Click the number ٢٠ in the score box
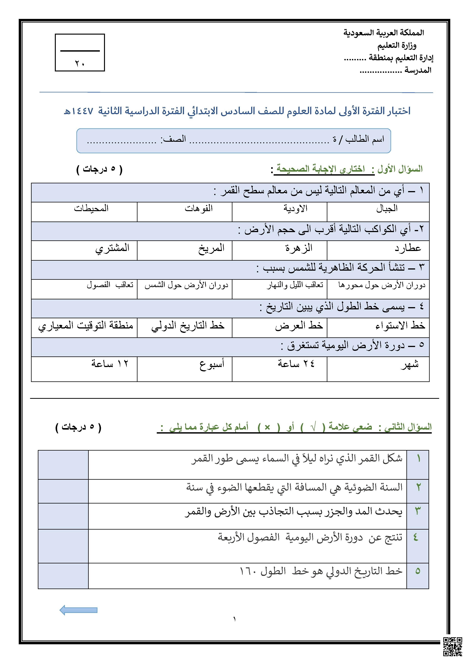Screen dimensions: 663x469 pyautogui.click(x=80, y=63)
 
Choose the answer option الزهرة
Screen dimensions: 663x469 pyautogui.click(x=299, y=248)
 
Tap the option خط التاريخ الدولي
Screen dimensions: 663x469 pyautogui.click(x=188, y=325)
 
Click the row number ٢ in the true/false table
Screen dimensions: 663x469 pyautogui.click(x=418, y=487)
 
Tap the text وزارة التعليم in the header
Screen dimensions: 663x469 pyautogui.click(x=397, y=45)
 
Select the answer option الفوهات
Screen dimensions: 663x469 pyautogui.click(x=199, y=208)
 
